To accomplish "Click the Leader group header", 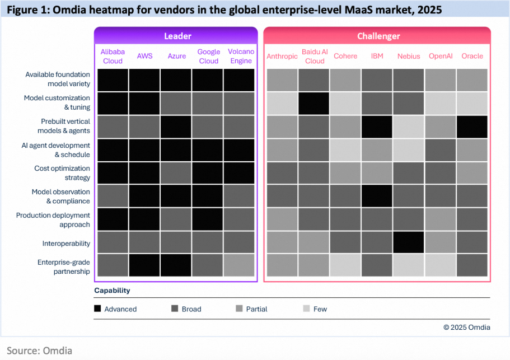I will tap(177, 36).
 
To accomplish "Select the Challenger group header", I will tap(378, 36).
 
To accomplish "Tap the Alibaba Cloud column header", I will tap(113, 56).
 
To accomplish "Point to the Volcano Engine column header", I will tap(241, 56).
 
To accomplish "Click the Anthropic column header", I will tap(282, 56).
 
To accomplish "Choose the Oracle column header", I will tap(472, 56).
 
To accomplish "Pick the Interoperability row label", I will tap(65, 244).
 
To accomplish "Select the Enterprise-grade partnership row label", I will tap(63, 267).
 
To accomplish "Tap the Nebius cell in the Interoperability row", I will tap(409, 242).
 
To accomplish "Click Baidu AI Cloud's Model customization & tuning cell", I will tap(314, 104).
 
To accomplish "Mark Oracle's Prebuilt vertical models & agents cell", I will tap(472, 127).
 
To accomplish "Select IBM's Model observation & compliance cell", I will tap(377, 196).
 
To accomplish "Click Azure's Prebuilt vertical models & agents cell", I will tap(176, 127).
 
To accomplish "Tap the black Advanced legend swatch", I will tap(97, 308).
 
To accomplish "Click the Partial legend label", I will tap(257, 308).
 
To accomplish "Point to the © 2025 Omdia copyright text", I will tap(466, 328).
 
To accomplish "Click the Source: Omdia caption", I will tap(40, 350).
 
